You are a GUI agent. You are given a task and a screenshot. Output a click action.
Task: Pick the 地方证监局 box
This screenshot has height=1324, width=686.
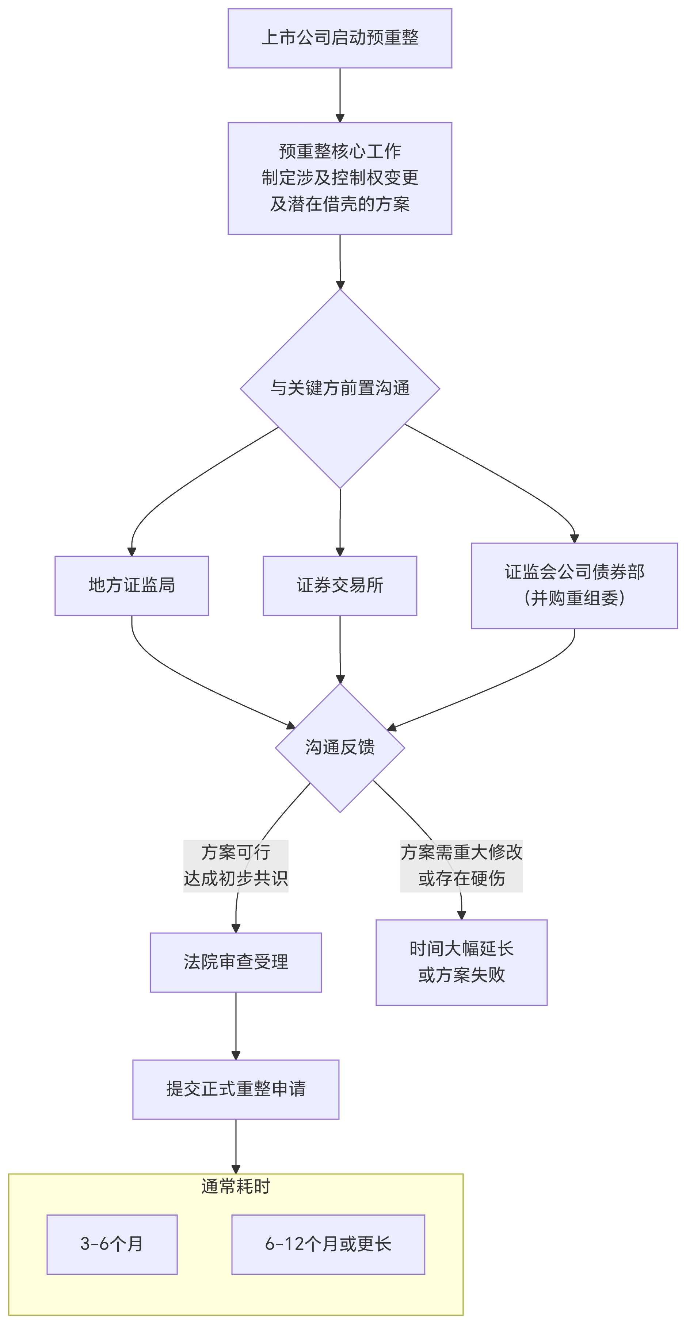pyautogui.click(x=132, y=586)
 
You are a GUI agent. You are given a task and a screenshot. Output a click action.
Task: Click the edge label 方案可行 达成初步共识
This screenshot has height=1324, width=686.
pyautogui.click(x=236, y=866)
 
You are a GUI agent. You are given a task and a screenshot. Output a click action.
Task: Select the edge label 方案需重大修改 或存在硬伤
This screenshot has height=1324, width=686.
pyautogui.click(x=461, y=866)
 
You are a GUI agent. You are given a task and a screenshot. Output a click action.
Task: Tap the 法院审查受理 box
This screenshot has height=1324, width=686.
pyautogui.click(x=236, y=962)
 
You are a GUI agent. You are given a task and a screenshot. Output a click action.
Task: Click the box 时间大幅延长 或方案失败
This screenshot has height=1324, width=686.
pyautogui.click(x=461, y=962)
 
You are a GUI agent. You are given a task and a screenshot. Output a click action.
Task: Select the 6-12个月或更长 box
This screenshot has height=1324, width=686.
pyautogui.click(x=328, y=1244)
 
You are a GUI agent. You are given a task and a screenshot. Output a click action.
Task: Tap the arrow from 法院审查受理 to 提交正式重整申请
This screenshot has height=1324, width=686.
pyautogui.click(x=236, y=1025)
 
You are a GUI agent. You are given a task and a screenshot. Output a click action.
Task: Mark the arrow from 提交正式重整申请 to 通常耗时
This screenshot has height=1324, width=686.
pyautogui.click(x=236, y=1146)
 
